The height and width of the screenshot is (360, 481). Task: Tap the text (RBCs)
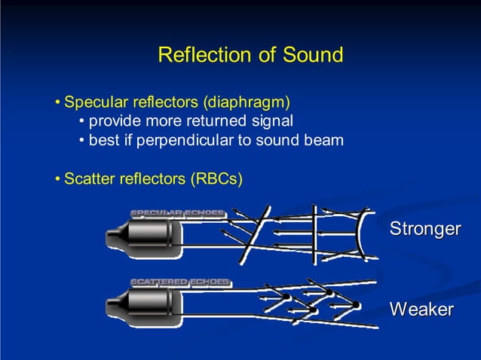216,179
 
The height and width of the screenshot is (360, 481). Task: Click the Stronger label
424,228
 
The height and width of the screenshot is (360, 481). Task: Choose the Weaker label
421,310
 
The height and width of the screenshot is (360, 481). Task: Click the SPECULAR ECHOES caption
177,212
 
